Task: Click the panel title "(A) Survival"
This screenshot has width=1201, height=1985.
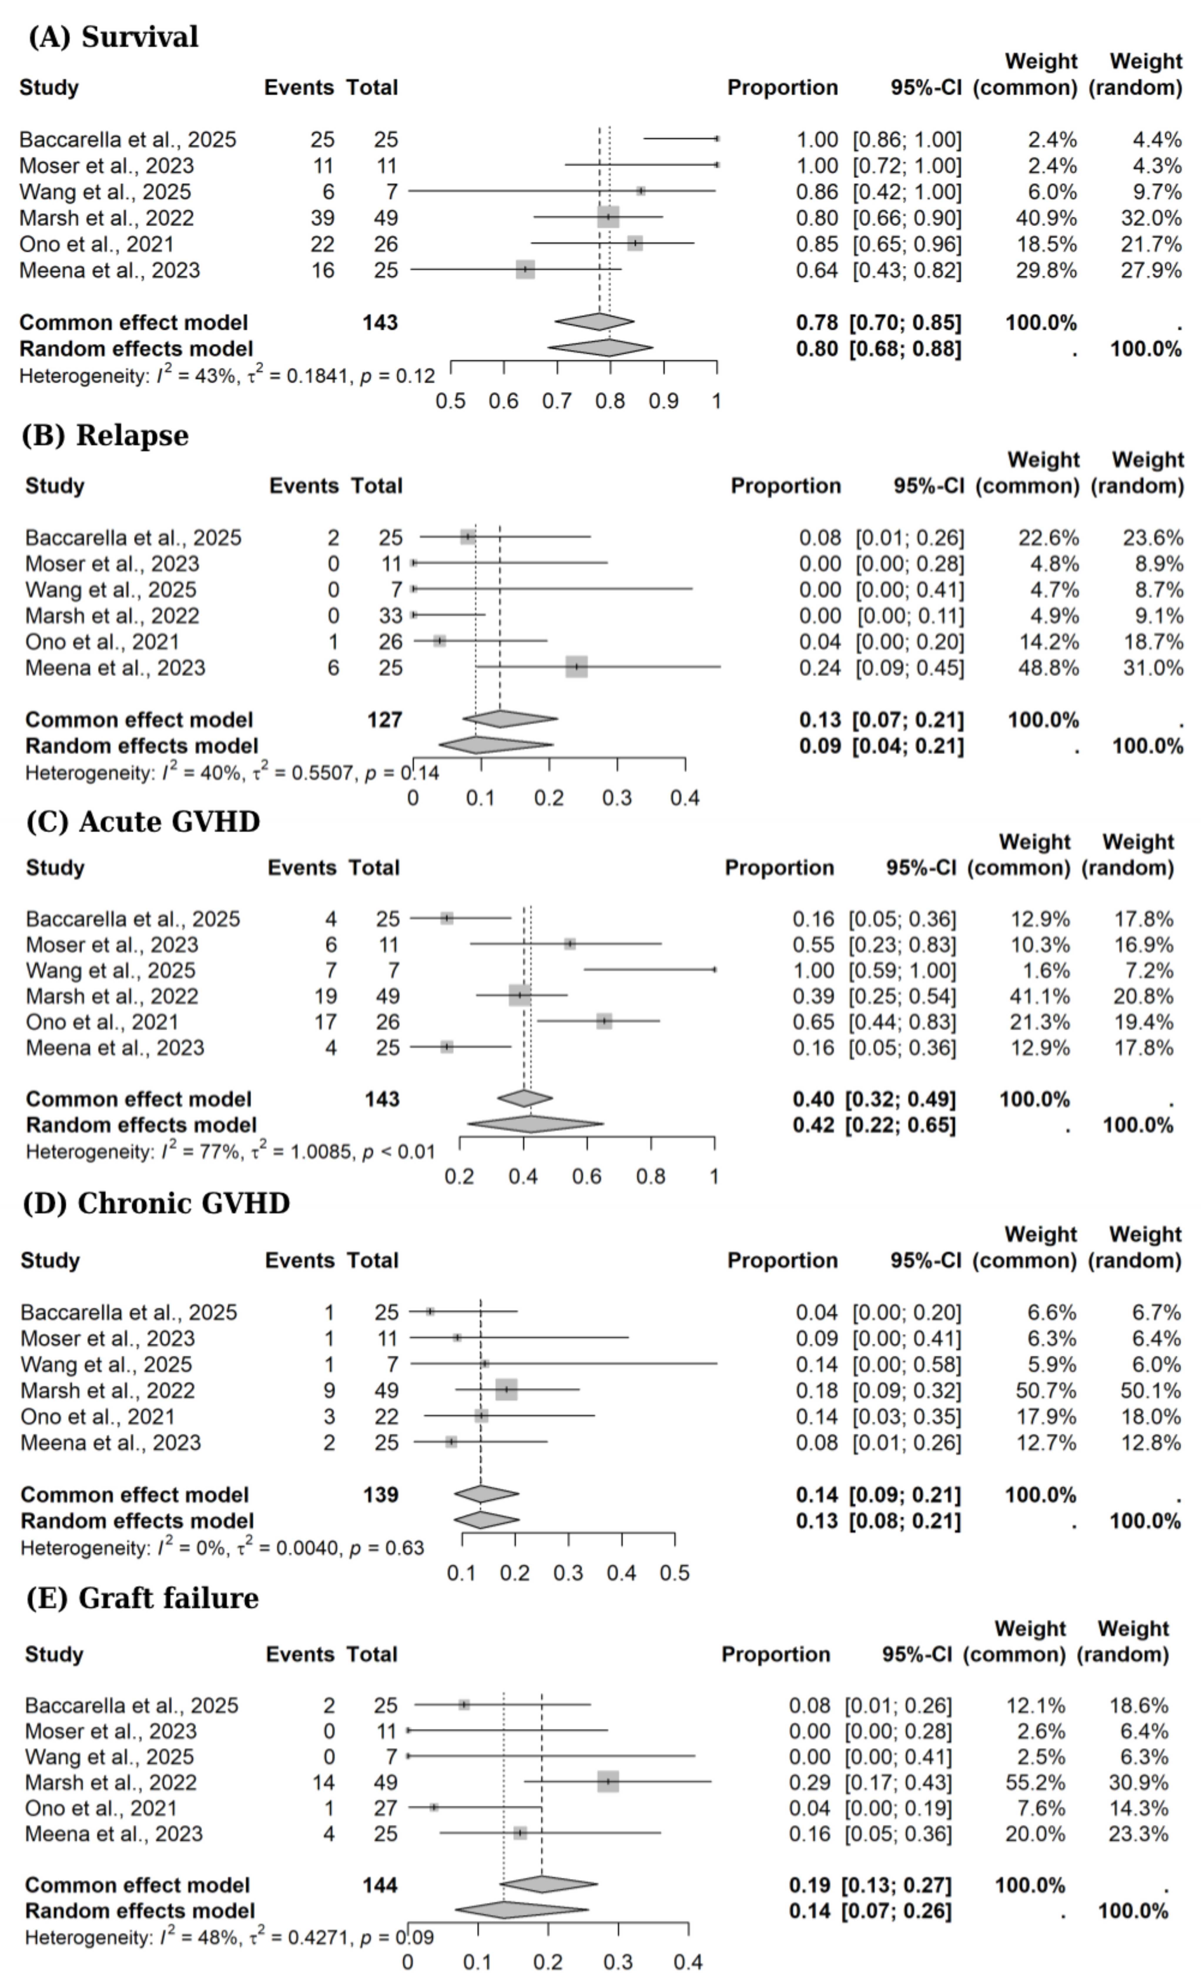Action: pyautogui.click(x=113, y=37)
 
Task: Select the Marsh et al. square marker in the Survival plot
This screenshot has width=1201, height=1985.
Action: pyautogui.click(x=608, y=218)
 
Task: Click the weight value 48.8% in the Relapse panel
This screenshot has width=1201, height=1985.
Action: pyautogui.click(x=1049, y=668)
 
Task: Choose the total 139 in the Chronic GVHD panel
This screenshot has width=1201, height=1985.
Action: pyautogui.click(x=381, y=1494)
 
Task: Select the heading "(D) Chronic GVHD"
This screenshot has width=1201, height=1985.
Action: pyautogui.click(x=156, y=1204)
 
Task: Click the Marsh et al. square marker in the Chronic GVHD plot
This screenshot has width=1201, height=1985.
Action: pyautogui.click(x=506, y=1390)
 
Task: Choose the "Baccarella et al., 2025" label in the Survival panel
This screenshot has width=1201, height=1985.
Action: pyautogui.click(x=128, y=140)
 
